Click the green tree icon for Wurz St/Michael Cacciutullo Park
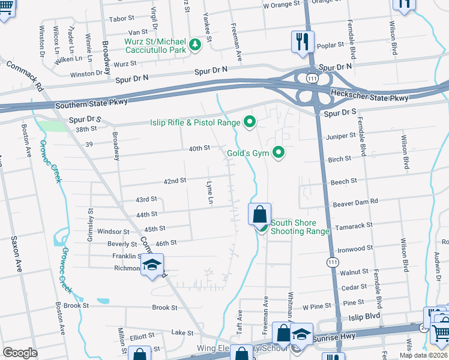pos(194,44)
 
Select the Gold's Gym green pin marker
pos(278,154)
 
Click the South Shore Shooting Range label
pos(300,227)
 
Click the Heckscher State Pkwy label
pos(369,97)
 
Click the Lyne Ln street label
pos(210,192)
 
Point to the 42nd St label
pos(175,181)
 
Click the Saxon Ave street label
pos(15,254)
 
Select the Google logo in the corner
pos(20,353)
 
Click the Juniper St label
pos(342,136)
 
